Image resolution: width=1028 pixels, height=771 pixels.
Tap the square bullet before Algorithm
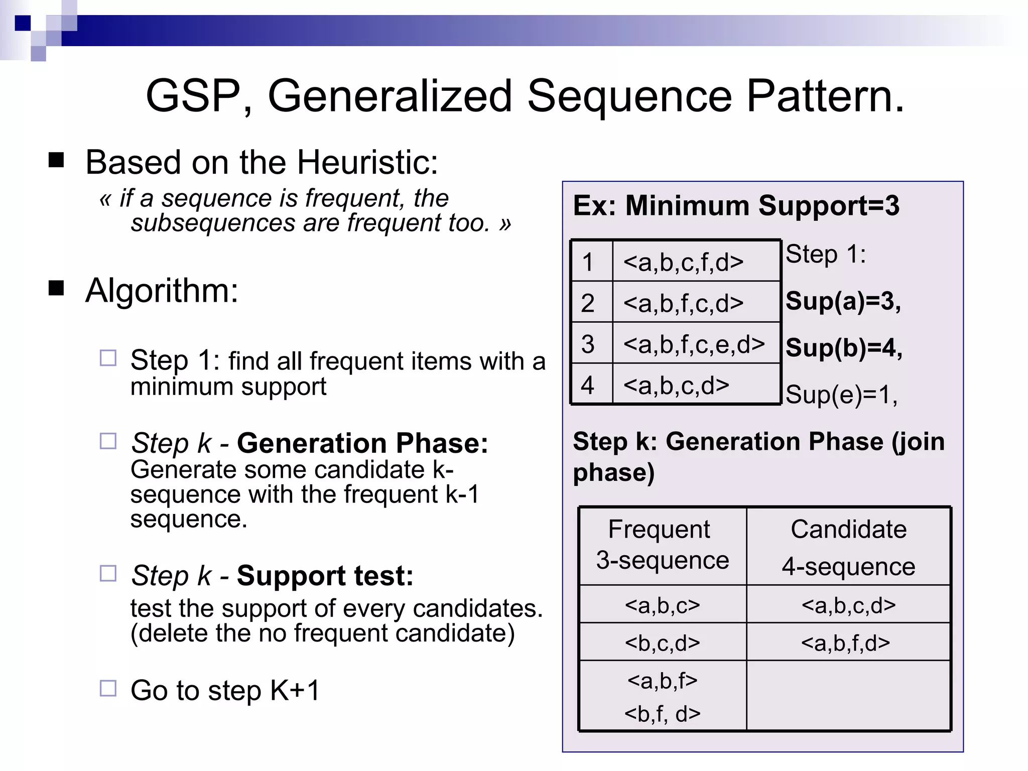56,289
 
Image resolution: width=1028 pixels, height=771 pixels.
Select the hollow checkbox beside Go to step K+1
108,688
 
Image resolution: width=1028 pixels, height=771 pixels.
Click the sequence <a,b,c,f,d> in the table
683,262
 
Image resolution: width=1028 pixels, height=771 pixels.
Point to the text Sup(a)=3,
843,301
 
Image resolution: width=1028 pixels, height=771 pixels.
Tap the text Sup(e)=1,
841,395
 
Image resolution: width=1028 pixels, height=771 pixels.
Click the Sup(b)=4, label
844,348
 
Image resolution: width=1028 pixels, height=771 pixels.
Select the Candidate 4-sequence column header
848,547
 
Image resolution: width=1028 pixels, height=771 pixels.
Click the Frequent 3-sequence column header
662,545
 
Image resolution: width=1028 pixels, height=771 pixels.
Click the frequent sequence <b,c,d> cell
662,643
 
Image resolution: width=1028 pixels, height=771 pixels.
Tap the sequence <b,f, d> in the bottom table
662,714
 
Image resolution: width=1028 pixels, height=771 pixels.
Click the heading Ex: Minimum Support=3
736,206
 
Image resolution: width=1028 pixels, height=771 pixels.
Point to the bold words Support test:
325,576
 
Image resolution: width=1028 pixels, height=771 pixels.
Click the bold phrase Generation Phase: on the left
362,443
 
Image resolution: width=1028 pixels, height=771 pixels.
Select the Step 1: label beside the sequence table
825,254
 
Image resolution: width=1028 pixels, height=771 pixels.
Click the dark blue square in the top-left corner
23,23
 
